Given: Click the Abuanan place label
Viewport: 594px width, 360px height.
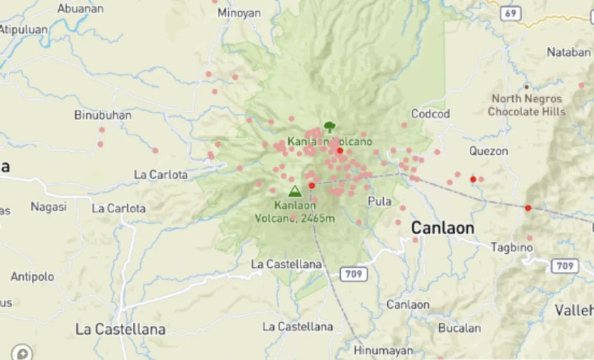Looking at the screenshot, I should (x=80, y=8).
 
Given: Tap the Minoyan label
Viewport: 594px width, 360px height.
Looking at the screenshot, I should (x=239, y=13).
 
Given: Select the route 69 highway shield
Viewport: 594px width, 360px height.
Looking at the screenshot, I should (x=511, y=13).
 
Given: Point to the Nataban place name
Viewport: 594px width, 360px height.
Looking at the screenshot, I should (x=568, y=52).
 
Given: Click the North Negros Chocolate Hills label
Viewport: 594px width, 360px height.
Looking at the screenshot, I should (x=526, y=105).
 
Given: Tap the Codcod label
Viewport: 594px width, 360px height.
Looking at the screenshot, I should (x=430, y=114).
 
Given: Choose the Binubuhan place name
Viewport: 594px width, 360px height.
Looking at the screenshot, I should (x=103, y=115).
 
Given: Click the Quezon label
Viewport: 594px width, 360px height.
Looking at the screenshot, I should (x=489, y=151).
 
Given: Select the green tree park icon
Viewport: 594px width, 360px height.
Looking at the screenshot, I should (x=329, y=126).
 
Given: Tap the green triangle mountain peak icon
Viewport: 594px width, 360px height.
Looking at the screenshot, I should (x=295, y=191).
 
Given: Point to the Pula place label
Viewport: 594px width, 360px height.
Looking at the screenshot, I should (x=379, y=201).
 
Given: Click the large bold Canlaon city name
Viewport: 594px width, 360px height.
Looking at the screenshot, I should (x=442, y=228).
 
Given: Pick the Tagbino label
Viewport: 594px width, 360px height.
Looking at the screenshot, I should (x=512, y=247).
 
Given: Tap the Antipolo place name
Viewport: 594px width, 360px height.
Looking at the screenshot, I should (x=32, y=277).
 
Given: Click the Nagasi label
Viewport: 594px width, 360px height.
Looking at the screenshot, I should (x=48, y=207).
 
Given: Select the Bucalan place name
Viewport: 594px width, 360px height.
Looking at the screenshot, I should (x=459, y=328).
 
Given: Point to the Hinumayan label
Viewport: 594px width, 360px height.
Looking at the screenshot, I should (x=383, y=350).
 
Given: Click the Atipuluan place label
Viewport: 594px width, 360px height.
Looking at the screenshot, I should (x=23, y=29).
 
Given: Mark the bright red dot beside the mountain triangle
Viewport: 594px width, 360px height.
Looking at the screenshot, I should (x=311, y=185).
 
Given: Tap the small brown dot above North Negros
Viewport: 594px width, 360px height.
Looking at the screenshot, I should (x=526, y=87).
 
